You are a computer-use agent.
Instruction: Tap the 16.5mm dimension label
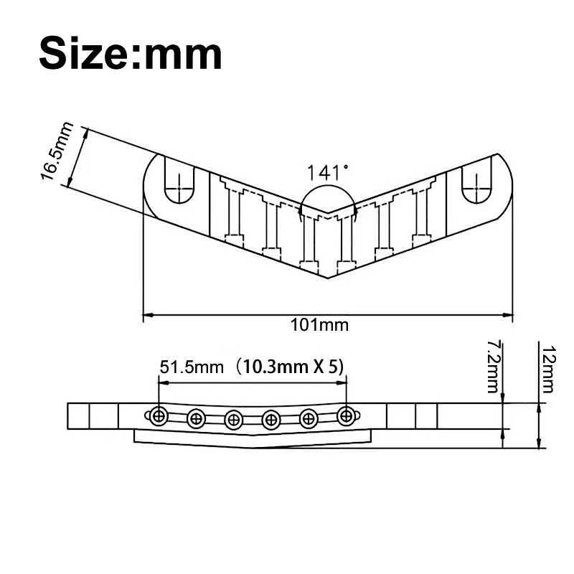(x=57, y=151)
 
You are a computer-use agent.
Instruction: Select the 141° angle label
(x=327, y=173)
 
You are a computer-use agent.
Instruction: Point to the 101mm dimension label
(x=319, y=325)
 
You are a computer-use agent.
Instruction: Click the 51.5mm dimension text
(x=192, y=367)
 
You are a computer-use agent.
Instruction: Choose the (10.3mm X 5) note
(x=289, y=367)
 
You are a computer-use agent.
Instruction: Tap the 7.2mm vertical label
(x=493, y=367)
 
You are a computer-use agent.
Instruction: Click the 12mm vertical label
(x=548, y=369)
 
